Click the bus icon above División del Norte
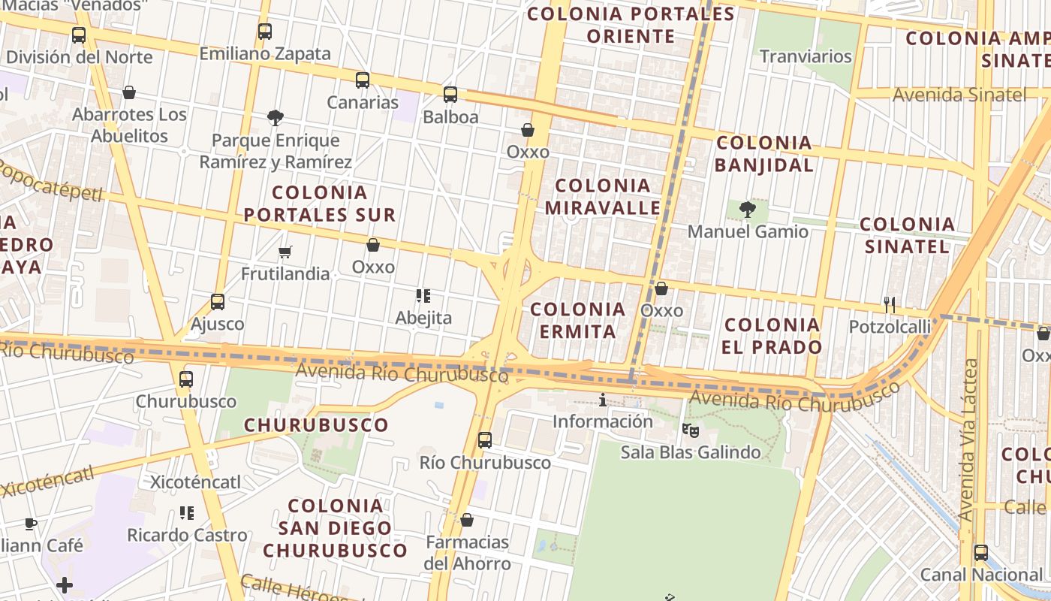(x=78, y=35)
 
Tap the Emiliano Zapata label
(x=264, y=54)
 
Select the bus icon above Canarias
(x=363, y=80)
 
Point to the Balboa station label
(x=450, y=117)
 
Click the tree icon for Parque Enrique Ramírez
(x=275, y=117)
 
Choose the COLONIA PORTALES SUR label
(x=319, y=204)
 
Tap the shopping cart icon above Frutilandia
(x=285, y=252)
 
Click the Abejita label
(x=423, y=318)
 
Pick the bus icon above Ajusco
(x=218, y=302)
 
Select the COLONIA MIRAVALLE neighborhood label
(x=602, y=196)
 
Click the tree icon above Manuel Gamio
(x=747, y=209)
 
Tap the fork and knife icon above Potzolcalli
(x=890, y=304)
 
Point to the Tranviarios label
(x=806, y=56)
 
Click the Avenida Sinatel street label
(x=959, y=95)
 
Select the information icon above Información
(x=602, y=400)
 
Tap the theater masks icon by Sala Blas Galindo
(x=690, y=430)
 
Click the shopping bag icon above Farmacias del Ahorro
(x=466, y=520)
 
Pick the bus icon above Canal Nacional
(x=980, y=553)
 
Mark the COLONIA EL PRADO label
(x=772, y=336)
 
